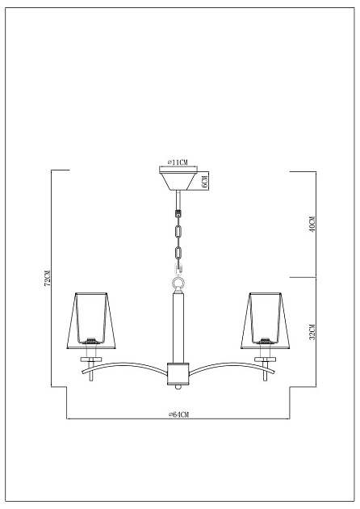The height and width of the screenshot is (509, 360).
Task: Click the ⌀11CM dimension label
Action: pyautogui.click(x=178, y=163)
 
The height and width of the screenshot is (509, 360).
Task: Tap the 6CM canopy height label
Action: pyautogui.click(x=205, y=181)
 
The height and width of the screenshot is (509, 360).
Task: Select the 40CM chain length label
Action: pyautogui.click(x=312, y=225)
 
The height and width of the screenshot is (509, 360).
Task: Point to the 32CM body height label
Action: pyautogui.click(x=312, y=330)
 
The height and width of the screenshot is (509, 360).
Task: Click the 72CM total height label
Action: pyautogui.click(x=48, y=278)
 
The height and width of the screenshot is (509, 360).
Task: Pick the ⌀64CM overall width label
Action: pyautogui.click(x=178, y=414)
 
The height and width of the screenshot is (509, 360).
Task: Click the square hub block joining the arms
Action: pyautogui.click(x=178, y=372)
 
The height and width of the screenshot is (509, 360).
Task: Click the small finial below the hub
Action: pyautogui.click(x=178, y=385)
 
